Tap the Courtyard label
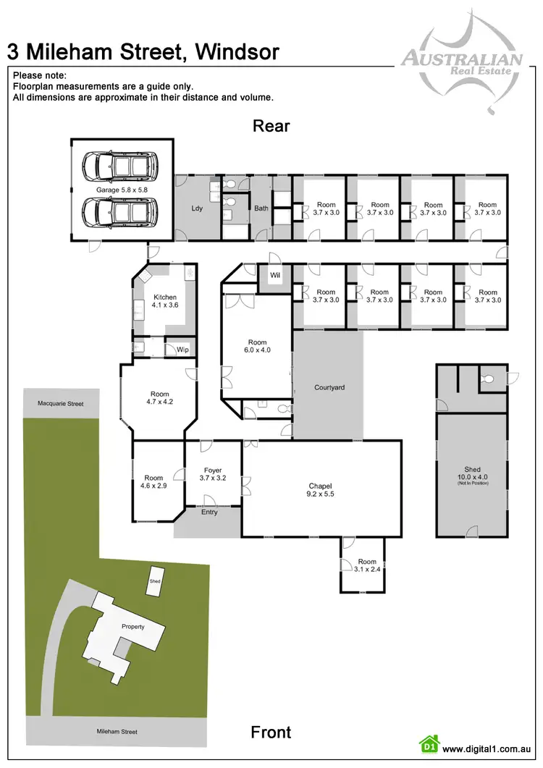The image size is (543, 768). pyautogui.click(x=329, y=388)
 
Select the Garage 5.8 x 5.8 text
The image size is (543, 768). pyautogui.click(x=122, y=190)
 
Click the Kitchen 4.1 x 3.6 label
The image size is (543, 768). pyautogui.click(x=165, y=301)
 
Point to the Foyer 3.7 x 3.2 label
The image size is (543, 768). pyautogui.click(x=213, y=475)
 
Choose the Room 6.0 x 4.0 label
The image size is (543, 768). pyautogui.click(x=258, y=347)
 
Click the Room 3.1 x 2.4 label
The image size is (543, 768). pyautogui.click(x=367, y=565)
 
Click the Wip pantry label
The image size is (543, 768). pyautogui.click(x=182, y=350)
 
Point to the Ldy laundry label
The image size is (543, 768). pyautogui.click(x=197, y=209)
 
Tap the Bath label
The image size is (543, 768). pyautogui.click(x=261, y=209)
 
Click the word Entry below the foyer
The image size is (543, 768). pyautogui.click(x=209, y=512)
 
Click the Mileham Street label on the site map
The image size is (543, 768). pyautogui.click(x=117, y=732)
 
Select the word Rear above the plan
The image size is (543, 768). pyautogui.click(x=271, y=126)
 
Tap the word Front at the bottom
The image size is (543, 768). pyautogui.click(x=271, y=732)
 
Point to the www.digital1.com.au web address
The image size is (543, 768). pyautogui.click(x=487, y=750)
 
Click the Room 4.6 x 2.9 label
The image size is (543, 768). pyautogui.click(x=154, y=482)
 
